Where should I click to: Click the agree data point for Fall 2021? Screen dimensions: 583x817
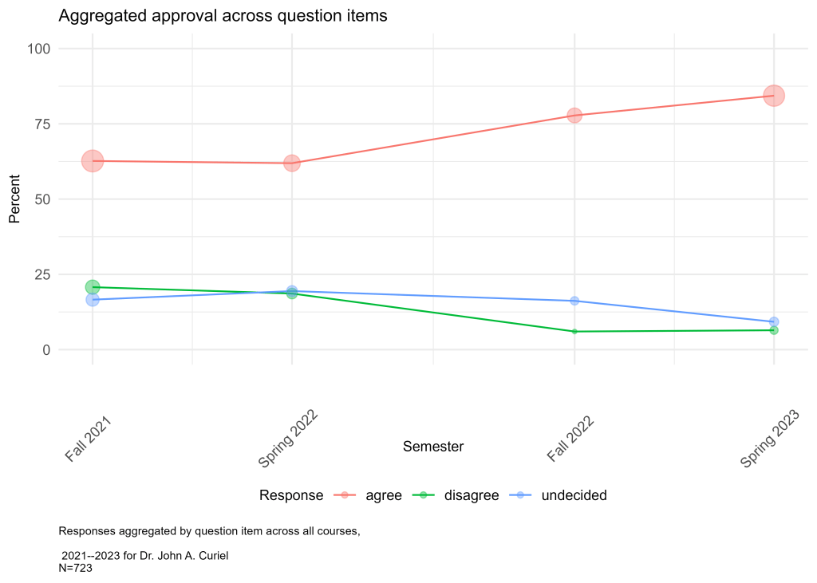click(93, 161)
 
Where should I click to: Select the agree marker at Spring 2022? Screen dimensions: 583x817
click(292, 163)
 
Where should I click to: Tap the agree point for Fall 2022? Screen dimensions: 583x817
click(574, 116)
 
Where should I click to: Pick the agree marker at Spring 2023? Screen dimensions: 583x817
click(774, 96)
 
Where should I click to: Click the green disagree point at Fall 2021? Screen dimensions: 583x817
click(93, 287)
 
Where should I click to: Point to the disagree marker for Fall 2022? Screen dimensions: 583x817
click(574, 332)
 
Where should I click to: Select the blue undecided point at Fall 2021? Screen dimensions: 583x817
click(93, 300)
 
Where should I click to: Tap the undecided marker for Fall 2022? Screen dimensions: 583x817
click(574, 301)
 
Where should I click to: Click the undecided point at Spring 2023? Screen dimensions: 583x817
click(774, 321)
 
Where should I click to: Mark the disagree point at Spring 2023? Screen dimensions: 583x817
click(774, 330)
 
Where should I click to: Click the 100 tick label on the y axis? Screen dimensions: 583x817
click(38, 49)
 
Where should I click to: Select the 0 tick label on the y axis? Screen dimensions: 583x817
click(46, 349)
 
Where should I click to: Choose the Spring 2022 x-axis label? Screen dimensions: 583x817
click(288, 439)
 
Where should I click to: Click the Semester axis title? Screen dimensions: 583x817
click(433, 447)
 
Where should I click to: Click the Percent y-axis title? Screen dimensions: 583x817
click(14, 199)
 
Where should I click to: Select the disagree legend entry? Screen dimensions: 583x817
click(471, 495)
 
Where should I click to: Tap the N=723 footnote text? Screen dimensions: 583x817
click(77, 567)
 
